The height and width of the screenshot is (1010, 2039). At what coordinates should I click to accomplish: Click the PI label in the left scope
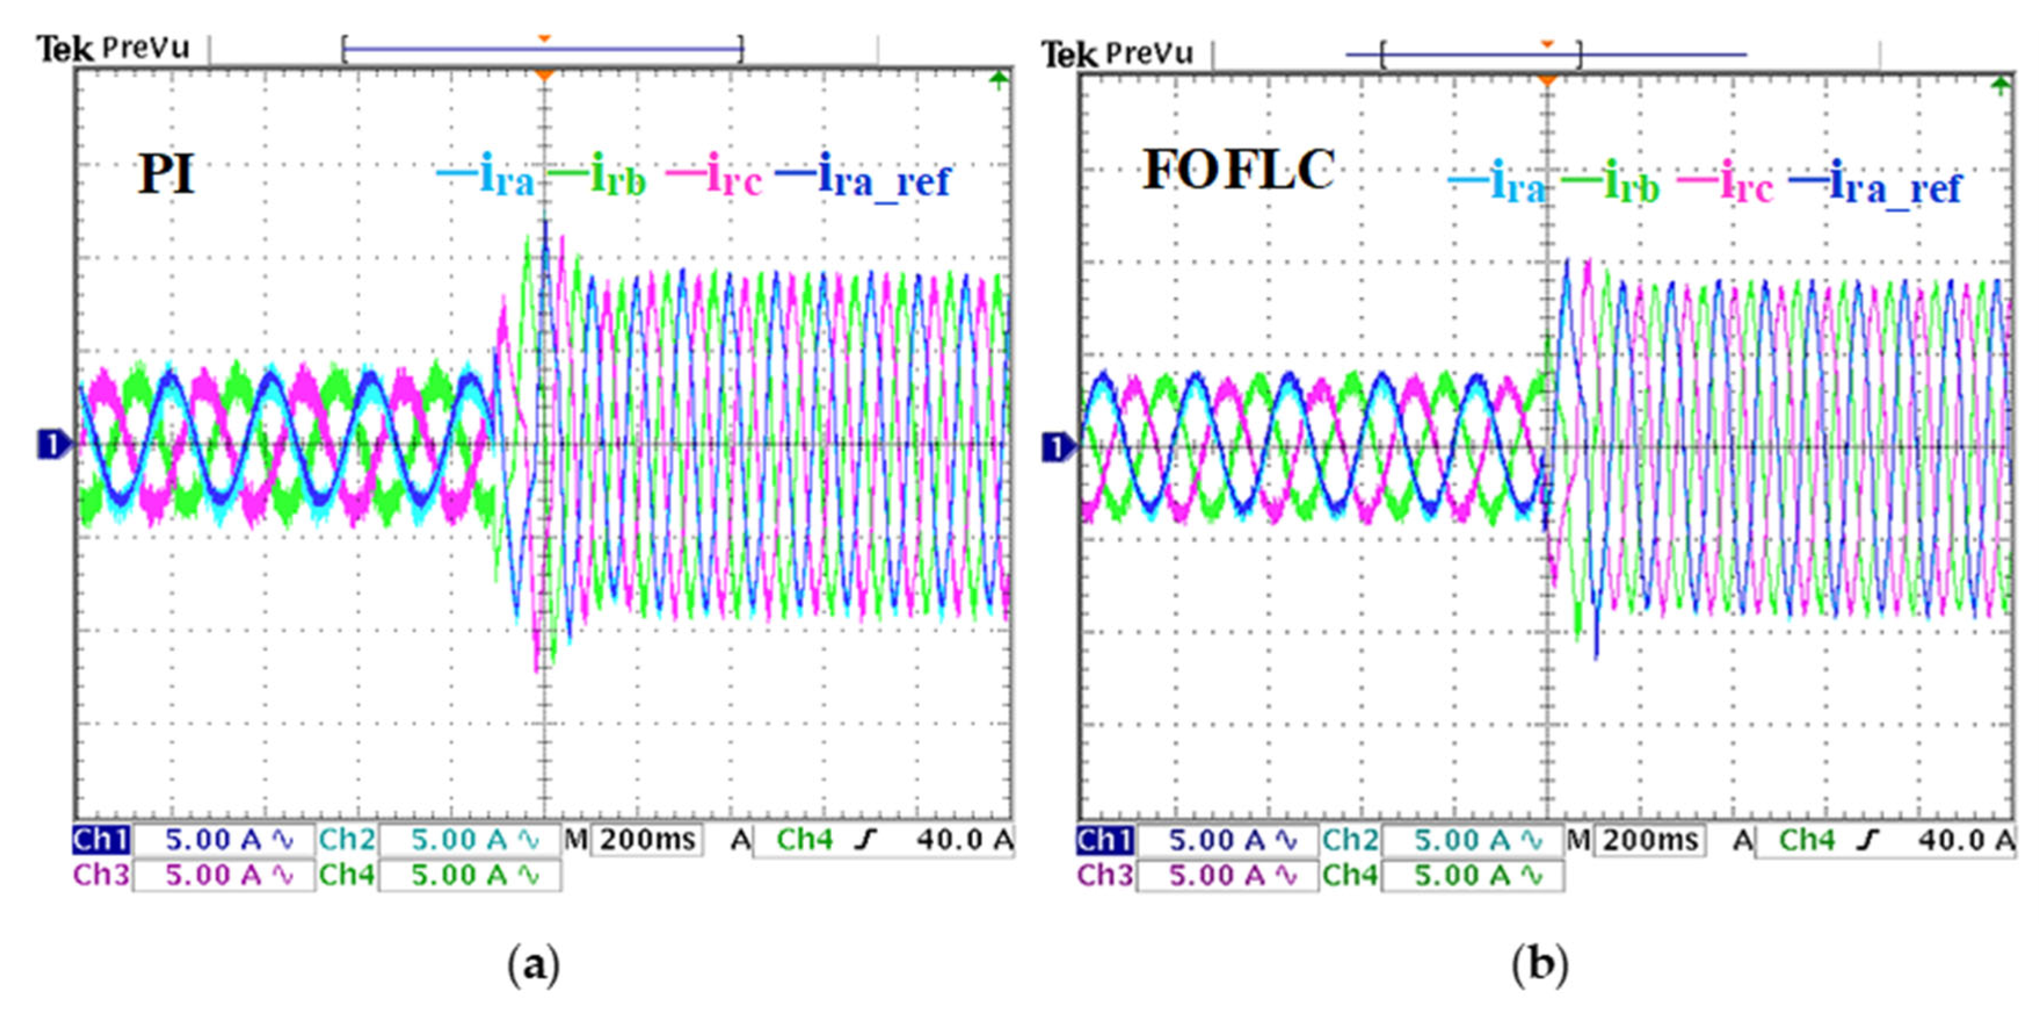click(x=165, y=174)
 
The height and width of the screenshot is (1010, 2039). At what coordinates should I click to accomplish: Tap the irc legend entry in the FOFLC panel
click(x=1725, y=184)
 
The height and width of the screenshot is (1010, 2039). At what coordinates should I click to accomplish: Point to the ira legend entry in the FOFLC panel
click(x=1498, y=184)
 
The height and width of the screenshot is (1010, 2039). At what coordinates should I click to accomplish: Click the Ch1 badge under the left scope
click(x=100, y=839)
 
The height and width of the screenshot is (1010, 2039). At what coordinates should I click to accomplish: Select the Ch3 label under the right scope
click(x=1104, y=875)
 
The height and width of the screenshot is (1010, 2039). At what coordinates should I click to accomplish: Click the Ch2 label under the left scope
click(x=346, y=839)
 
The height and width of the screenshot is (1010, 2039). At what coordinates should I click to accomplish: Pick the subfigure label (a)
click(x=533, y=965)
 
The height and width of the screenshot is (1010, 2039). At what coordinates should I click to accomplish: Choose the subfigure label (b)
click(x=1539, y=965)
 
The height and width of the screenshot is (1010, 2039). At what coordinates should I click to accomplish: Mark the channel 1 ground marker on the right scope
click(x=1057, y=448)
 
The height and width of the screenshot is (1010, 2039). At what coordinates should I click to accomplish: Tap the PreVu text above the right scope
click(x=1149, y=54)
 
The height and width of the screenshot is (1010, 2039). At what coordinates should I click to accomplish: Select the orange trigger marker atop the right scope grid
click(x=1547, y=81)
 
